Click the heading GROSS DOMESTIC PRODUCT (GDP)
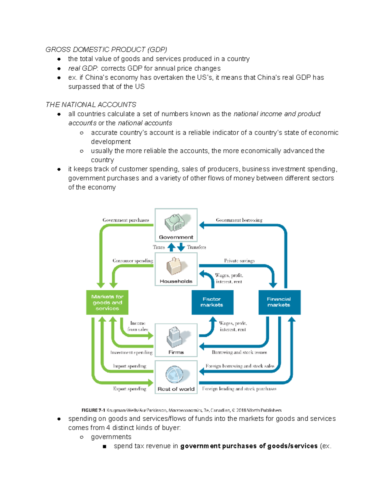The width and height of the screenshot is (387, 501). click(x=106, y=49)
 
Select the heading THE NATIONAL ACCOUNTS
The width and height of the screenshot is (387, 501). click(x=91, y=105)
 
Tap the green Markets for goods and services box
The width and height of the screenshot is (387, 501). click(x=107, y=302)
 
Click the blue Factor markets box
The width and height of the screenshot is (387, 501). click(x=212, y=302)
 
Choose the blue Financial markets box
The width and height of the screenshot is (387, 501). click(x=279, y=302)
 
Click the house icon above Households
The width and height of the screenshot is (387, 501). click(x=174, y=266)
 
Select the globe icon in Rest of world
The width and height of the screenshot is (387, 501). click(x=174, y=374)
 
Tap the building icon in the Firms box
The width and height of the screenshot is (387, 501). click(x=175, y=337)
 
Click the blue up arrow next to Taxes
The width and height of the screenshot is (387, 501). click(x=172, y=247)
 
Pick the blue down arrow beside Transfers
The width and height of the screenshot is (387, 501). click(x=181, y=247)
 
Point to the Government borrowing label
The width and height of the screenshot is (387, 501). click(x=239, y=220)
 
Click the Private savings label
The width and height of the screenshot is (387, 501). click(x=239, y=261)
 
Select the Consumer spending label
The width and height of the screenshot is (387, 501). click(x=133, y=261)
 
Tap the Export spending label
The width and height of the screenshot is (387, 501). click(x=130, y=389)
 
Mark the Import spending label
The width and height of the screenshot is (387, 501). click(x=130, y=366)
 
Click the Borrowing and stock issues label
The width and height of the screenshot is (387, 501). click(x=239, y=352)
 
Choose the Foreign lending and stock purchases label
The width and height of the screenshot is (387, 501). click(x=239, y=389)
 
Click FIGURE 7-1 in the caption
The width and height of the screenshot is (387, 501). click(x=93, y=410)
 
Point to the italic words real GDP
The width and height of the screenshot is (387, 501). click(x=83, y=68)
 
